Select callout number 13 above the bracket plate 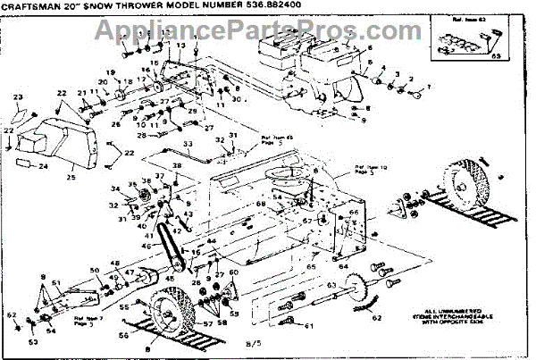pyautogui.click(x=180, y=46)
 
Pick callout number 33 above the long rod pyautogui.click(x=188, y=144)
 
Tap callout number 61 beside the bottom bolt pyautogui.click(x=309, y=326)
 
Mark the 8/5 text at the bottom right pyautogui.click(x=251, y=342)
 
